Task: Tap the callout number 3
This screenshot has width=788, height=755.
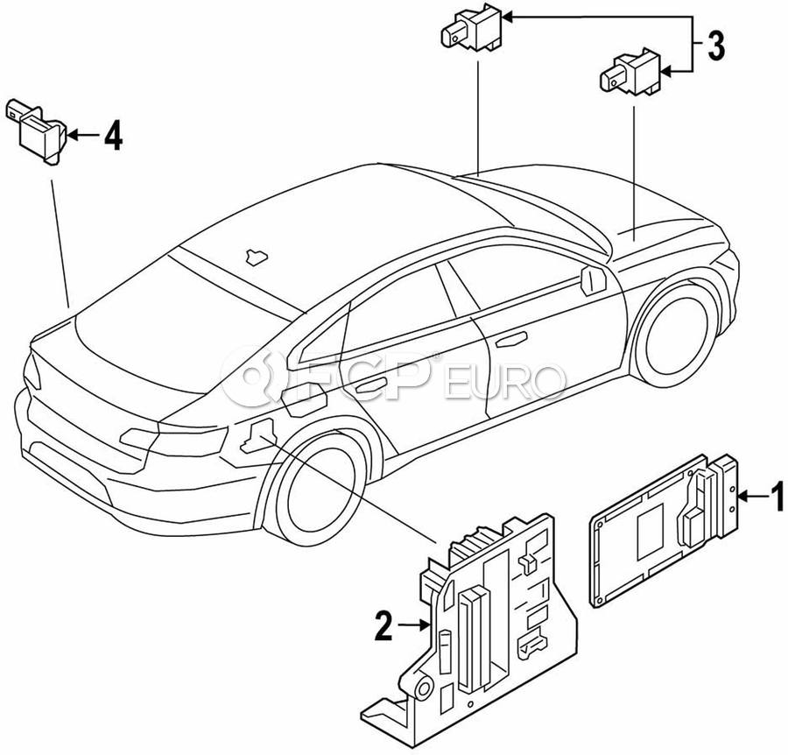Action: click(716, 46)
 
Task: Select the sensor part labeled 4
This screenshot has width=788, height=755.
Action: click(39, 128)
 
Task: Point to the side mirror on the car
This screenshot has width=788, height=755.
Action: click(593, 282)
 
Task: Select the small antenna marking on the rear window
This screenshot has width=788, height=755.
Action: click(255, 255)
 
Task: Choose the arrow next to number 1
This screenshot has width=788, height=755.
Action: click(751, 498)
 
